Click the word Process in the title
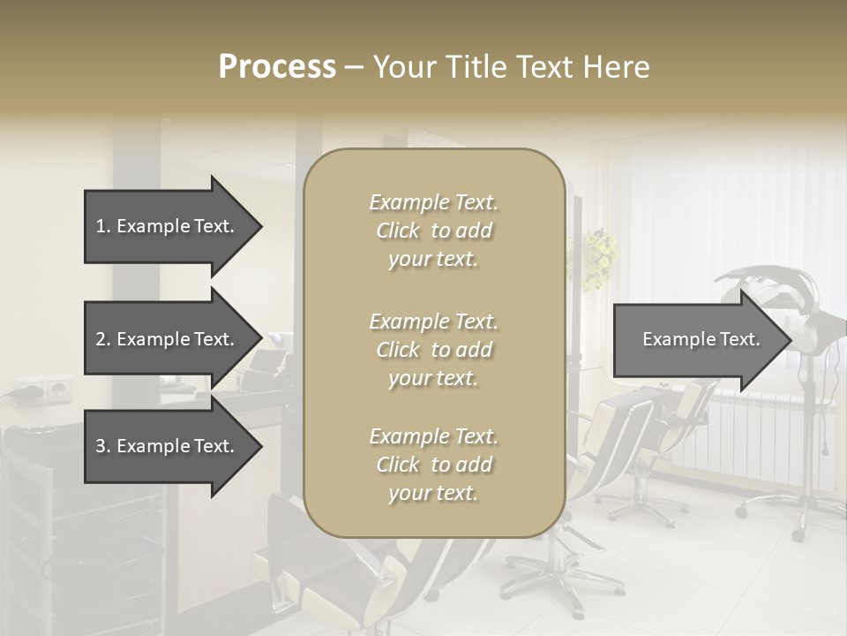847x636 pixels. click(277, 67)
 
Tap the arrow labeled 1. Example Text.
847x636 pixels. click(168, 226)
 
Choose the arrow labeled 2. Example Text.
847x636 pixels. click(168, 339)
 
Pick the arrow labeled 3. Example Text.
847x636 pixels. click(168, 446)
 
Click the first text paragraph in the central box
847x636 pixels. click(433, 231)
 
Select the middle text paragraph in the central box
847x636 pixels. click(433, 350)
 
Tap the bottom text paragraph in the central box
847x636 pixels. click(433, 465)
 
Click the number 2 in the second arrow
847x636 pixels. click(101, 339)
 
